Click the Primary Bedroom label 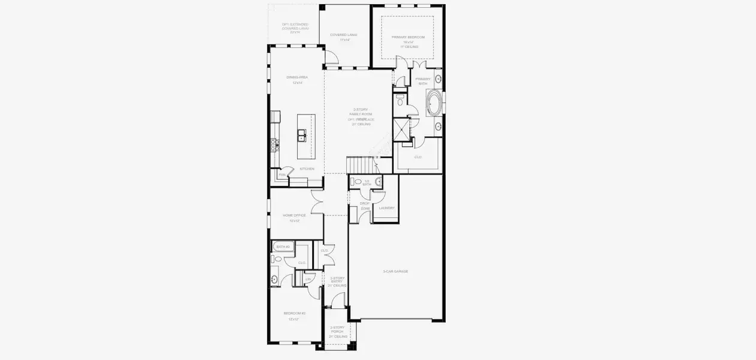(x=408, y=37)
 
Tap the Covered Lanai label (x=344, y=35)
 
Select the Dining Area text (x=297, y=77)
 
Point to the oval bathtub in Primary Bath (x=434, y=103)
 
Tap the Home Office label (x=295, y=215)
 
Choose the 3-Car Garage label (x=395, y=271)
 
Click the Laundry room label (x=386, y=208)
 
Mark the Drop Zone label (x=365, y=205)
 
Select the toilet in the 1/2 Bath (x=358, y=181)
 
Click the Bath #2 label (x=283, y=247)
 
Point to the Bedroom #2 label (x=295, y=314)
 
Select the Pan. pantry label (x=281, y=175)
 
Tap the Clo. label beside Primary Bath (x=418, y=157)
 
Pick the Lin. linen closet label (x=308, y=279)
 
